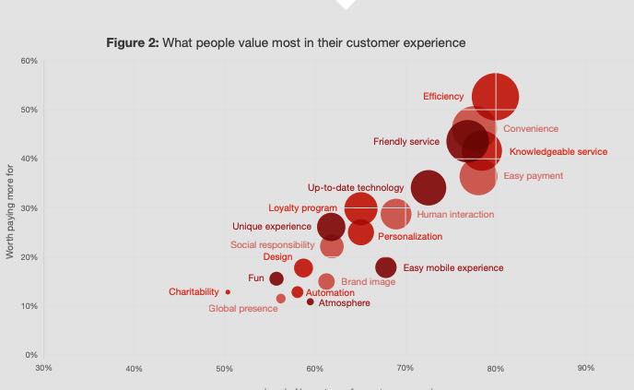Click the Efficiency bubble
click(x=495, y=97)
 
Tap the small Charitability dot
click(x=228, y=291)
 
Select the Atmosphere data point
click(x=311, y=302)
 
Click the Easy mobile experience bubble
click(x=386, y=267)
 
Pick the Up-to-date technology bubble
click(x=428, y=188)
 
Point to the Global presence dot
click(x=281, y=299)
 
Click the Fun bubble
click(x=276, y=278)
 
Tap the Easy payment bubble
click(x=477, y=176)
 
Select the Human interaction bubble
click(x=395, y=214)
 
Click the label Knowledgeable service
click(x=558, y=152)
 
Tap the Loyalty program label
click(x=302, y=207)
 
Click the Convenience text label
click(x=530, y=129)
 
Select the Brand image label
click(x=368, y=281)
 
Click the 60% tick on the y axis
click(x=27, y=61)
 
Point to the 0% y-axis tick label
click(x=30, y=355)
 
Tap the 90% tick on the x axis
click(x=585, y=369)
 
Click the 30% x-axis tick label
click(x=43, y=369)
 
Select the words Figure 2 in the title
click(x=132, y=42)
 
